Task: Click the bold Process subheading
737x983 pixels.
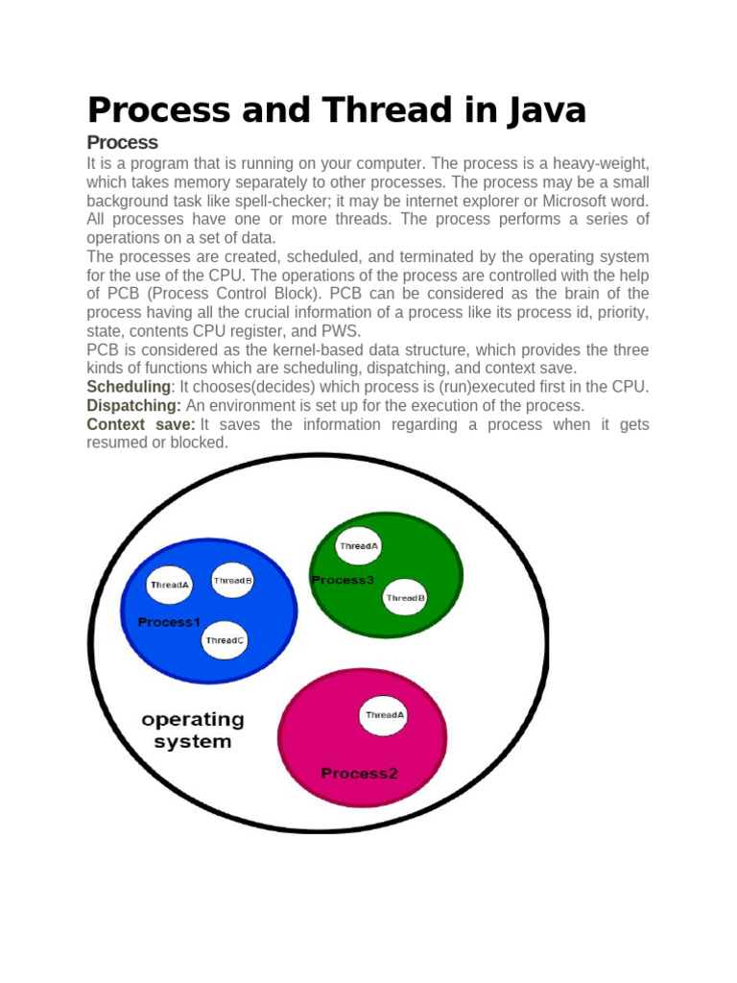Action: (x=122, y=143)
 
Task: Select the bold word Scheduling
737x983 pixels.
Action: (x=129, y=386)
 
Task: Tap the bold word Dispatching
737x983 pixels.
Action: (x=132, y=405)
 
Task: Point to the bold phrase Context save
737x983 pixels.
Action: (x=140, y=424)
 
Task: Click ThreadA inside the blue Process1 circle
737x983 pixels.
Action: (x=170, y=584)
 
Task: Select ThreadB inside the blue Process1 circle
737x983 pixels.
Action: (x=232, y=580)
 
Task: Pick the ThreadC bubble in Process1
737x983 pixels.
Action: (x=226, y=640)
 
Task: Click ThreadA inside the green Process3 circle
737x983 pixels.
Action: (x=358, y=546)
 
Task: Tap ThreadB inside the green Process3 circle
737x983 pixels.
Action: (x=405, y=598)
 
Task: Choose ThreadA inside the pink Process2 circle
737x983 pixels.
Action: (x=384, y=715)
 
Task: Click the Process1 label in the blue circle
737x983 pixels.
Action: (x=169, y=622)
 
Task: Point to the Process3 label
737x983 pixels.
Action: (x=343, y=580)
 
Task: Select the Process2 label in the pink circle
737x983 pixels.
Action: (x=359, y=773)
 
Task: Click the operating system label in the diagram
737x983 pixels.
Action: (x=193, y=731)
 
